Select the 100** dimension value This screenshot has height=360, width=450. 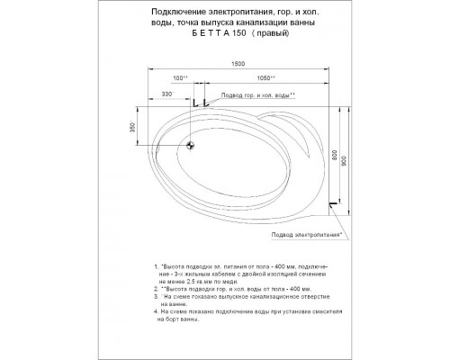pos(178,78)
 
